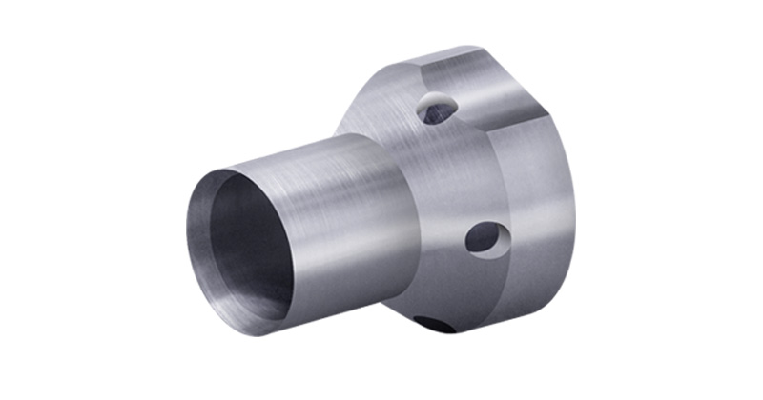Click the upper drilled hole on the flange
tap(440, 110)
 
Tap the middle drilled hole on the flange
tap(485, 236)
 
